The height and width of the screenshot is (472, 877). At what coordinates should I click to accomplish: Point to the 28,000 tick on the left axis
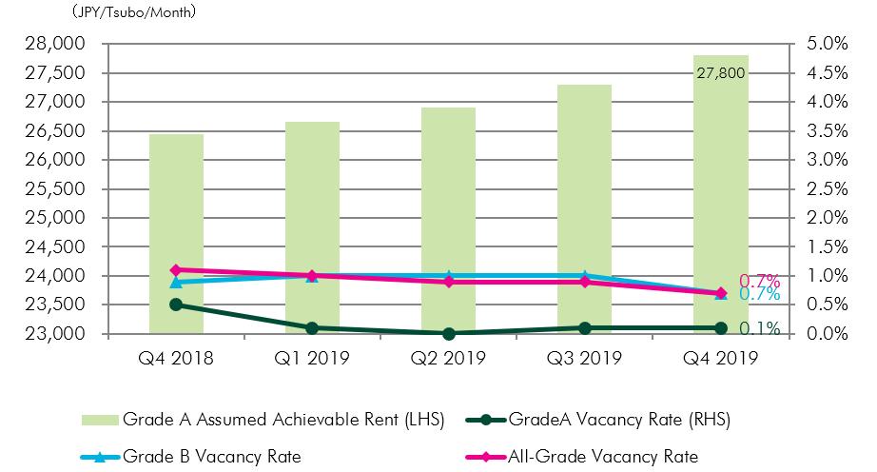coord(59,44)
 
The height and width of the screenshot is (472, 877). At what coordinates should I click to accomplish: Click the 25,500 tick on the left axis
coord(59,189)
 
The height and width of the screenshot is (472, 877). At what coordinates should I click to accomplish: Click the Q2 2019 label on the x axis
coord(448,358)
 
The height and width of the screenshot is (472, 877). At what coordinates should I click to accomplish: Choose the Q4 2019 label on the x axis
coord(720,358)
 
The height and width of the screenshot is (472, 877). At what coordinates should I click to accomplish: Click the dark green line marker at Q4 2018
coord(176,305)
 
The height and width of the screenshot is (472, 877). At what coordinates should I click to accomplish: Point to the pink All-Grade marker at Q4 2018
coord(176,270)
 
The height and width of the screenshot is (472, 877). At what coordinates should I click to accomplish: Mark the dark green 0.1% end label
coord(759,329)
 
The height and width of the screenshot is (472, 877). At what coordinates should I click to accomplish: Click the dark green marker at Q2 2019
coord(448,334)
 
